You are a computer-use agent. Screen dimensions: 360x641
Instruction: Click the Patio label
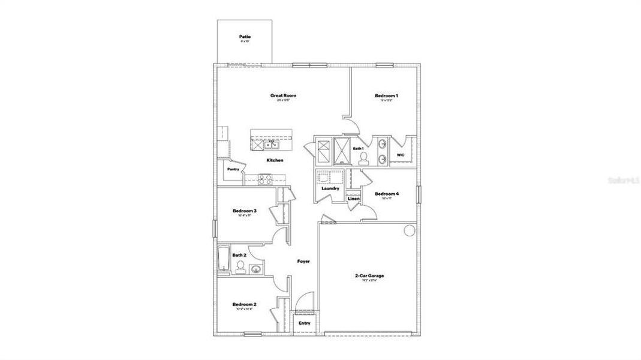click(x=245, y=37)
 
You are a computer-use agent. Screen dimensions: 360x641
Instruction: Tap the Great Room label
click(x=283, y=95)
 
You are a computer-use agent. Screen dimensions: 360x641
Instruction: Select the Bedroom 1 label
click(x=386, y=95)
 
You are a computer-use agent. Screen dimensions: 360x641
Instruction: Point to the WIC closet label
click(x=401, y=155)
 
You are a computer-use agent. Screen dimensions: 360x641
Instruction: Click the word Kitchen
click(x=275, y=160)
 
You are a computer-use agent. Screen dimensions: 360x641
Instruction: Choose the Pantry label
click(x=233, y=169)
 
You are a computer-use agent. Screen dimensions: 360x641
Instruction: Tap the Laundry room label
click(x=330, y=188)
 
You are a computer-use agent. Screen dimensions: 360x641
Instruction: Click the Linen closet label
click(x=354, y=199)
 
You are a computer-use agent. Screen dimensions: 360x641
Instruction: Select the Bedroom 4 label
click(x=387, y=194)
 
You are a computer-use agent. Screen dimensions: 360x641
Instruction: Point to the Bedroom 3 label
click(x=245, y=211)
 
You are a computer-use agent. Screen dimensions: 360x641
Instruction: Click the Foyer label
click(x=303, y=261)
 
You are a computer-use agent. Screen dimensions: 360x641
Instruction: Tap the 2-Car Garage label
click(x=369, y=275)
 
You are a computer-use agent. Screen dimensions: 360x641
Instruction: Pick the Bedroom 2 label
click(x=245, y=305)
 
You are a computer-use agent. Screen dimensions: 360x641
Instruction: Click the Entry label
click(x=305, y=323)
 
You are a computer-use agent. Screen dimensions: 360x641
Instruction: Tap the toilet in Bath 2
click(x=240, y=267)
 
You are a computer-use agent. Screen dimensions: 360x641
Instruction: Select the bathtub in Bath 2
click(x=223, y=259)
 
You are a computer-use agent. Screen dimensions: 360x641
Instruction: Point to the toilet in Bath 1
click(x=363, y=158)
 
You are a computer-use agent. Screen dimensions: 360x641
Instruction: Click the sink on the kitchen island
click(x=272, y=144)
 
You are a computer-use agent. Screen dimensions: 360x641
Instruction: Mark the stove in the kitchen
click(x=265, y=178)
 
